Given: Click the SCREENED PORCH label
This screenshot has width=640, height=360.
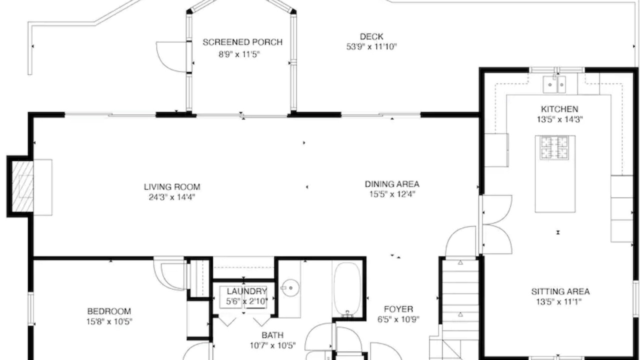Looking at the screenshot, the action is coord(242,42).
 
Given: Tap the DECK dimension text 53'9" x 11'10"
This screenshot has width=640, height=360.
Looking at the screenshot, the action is coord(371,46).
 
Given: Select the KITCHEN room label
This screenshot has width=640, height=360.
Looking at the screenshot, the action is coord(559,109).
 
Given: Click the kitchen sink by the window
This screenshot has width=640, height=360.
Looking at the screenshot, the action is coord(554,84).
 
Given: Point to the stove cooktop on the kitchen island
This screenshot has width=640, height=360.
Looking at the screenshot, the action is coord(554,147).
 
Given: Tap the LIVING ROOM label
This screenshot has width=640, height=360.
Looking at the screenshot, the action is coord(172,187).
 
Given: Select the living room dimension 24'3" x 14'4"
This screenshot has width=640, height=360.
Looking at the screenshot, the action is coord(172,197).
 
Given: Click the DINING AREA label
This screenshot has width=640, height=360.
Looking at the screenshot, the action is coord(392,184).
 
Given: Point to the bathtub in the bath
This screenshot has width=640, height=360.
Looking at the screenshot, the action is coord(347,289).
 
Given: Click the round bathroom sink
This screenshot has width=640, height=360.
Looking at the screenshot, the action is coord(290,287).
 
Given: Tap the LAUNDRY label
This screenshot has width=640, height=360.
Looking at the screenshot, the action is coord(247,291).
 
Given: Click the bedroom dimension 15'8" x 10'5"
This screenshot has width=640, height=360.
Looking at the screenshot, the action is coord(109,322).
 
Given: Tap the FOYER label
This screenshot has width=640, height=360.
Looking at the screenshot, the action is coord(398,309).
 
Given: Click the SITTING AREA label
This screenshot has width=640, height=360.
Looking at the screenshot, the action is coord(560,291).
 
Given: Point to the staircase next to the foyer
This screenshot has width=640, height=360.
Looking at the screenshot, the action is coord(460,308).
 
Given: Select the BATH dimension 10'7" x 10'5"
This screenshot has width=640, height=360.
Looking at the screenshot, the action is coord(272,346).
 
